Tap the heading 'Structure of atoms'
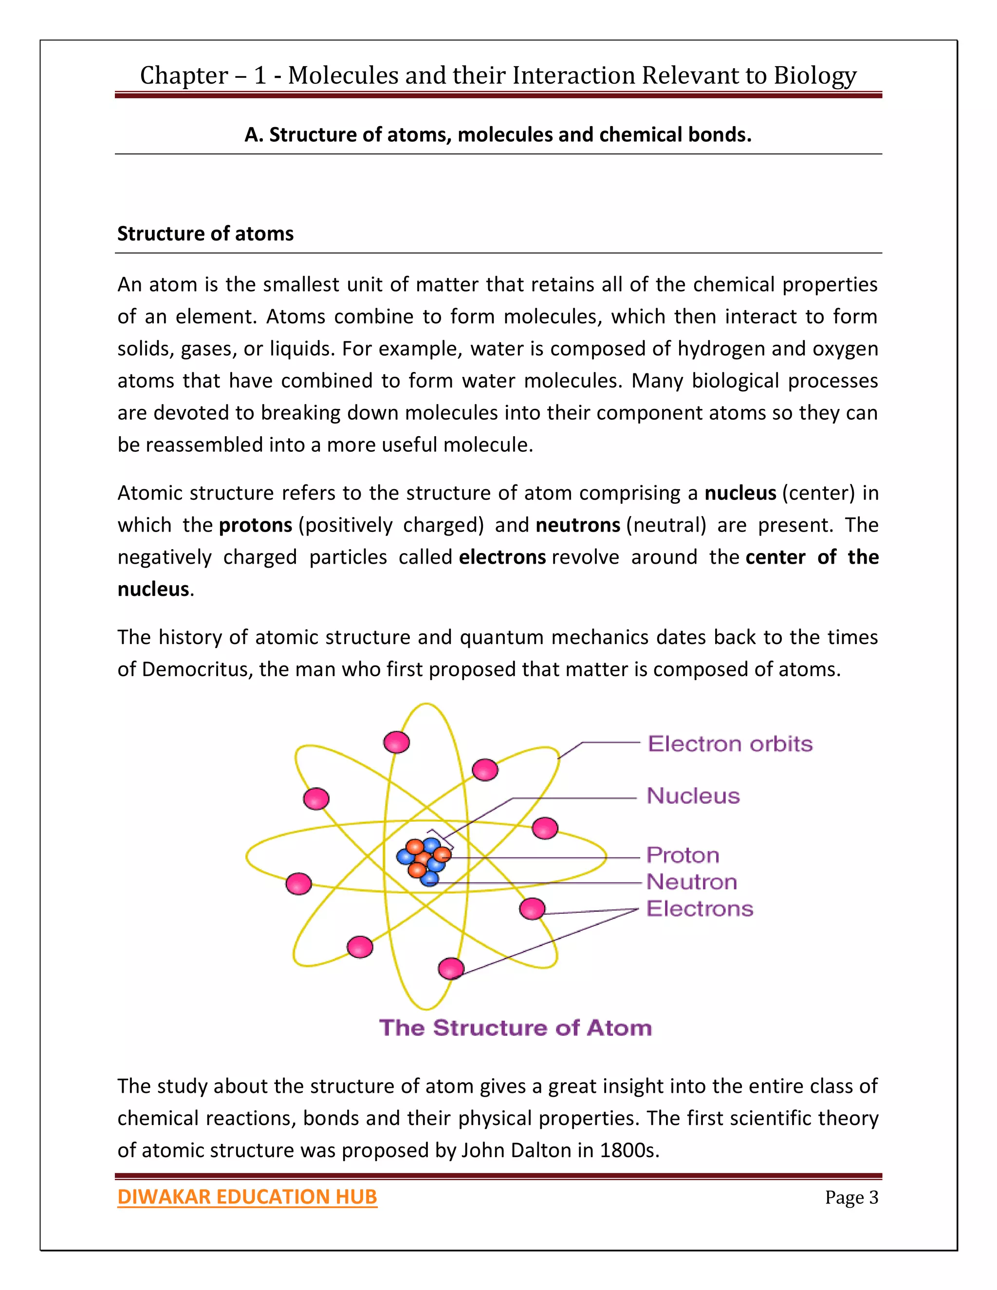click(x=205, y=234)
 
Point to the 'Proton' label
click(x=682, y=855)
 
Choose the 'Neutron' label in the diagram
click(x=692, y=882)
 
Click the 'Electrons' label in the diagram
click(x=700, y=908)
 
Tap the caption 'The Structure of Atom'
click(x=515, y=1028)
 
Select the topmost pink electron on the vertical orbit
click(x=396, y=742)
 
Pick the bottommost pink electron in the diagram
click(x=451, y=968)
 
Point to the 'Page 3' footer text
click(x=851, y=1198)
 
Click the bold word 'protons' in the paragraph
click(x=255, y=525)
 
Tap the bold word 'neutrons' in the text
click(x=577, y=525)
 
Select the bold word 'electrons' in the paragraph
click(x=502, y=557)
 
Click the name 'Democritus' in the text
click(x=194, y=669)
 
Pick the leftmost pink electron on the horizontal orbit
click(x=298, y=884)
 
